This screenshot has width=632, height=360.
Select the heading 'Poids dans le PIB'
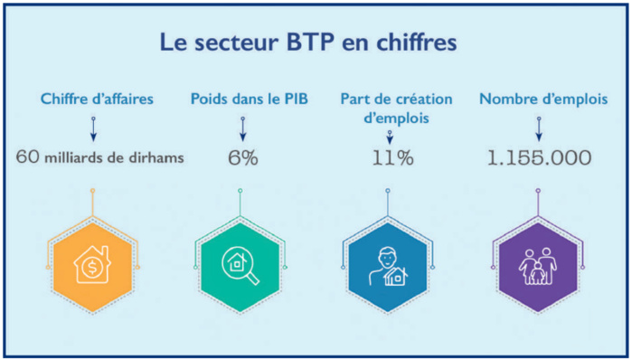pos(241,99)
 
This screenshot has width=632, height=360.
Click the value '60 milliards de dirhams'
pos(100,157)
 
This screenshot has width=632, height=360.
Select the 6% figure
pos(242,157)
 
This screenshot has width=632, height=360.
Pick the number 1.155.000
pos(540,157)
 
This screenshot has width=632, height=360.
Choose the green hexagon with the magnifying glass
pos(241,264)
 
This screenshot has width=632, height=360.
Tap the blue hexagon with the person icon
pos(389,264)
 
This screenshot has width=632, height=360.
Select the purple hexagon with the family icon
pos(536,264)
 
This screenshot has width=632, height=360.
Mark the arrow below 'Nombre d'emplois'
pos(540,128)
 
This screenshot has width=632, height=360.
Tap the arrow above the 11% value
pos(391,137)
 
